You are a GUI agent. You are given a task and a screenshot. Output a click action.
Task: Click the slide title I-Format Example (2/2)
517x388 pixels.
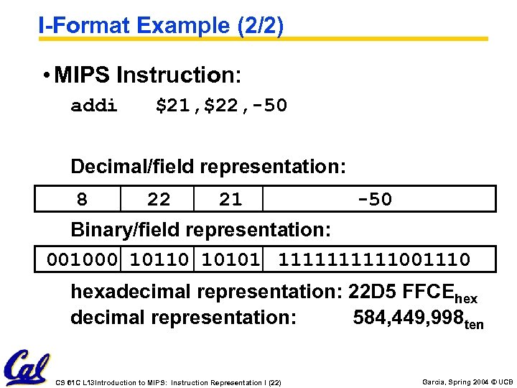tap(162, 26)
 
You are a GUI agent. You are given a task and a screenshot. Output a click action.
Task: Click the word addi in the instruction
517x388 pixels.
tap(94, 106)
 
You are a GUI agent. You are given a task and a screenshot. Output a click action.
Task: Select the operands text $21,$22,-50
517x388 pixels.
tap(221, 106)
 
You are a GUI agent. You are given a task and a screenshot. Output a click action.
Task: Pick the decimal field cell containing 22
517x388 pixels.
tap(158, 199)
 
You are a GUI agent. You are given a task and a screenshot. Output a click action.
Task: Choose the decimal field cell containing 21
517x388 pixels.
tap(230, 199)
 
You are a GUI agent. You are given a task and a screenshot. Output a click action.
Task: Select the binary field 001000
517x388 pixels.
tap(82, 259)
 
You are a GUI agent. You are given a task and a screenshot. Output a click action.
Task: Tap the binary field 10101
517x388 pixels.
tap(230, 259)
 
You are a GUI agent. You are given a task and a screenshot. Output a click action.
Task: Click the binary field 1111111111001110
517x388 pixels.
tap(374, 259)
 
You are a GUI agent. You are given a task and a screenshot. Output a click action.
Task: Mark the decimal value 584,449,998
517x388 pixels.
tap(409, 318)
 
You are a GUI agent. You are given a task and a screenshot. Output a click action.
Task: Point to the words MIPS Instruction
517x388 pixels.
tap(148, 75)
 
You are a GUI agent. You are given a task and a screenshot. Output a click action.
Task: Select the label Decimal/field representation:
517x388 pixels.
tap(208, 167)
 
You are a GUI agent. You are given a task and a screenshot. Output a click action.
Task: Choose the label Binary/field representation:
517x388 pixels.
tap(201, 230)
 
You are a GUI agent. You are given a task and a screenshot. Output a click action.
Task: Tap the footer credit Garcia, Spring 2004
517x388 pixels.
tap(457, 382)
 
